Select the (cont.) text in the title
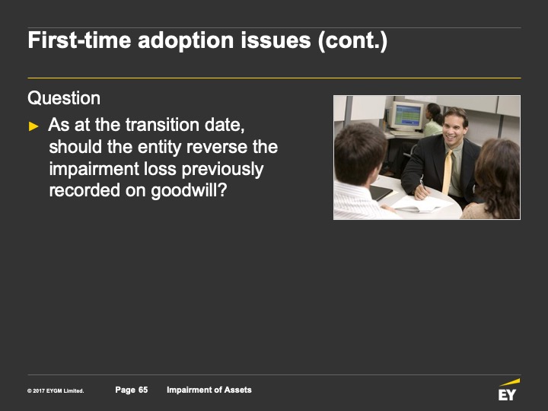[352, 41]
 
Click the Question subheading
[64, 98]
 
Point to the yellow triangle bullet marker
[33, 126]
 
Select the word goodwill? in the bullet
[189, 191]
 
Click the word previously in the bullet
[222, 170]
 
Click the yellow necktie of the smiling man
[448, 172]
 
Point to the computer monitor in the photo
[406, 116]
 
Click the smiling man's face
[454, 129]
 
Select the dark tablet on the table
[381, 193]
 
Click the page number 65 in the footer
[143, 390]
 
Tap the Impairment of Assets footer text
[209, 390]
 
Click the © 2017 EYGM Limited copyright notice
[56, 390]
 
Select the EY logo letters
[507, 395]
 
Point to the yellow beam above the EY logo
[509, 382]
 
